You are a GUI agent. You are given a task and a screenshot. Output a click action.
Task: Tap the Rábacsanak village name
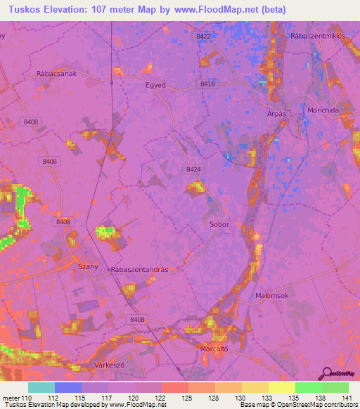coord(56,72)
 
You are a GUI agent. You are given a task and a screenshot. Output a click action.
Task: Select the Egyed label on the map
coord(155,85)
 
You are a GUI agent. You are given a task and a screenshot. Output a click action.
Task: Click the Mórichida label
coord(324,111)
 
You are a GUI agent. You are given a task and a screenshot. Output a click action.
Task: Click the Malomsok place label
coord(271,296)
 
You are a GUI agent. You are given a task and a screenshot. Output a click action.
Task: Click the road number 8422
coord(204,36)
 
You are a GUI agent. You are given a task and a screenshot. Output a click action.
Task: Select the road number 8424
coord(194,169)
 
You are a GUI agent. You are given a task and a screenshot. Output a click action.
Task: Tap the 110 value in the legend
coord(29,397)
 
